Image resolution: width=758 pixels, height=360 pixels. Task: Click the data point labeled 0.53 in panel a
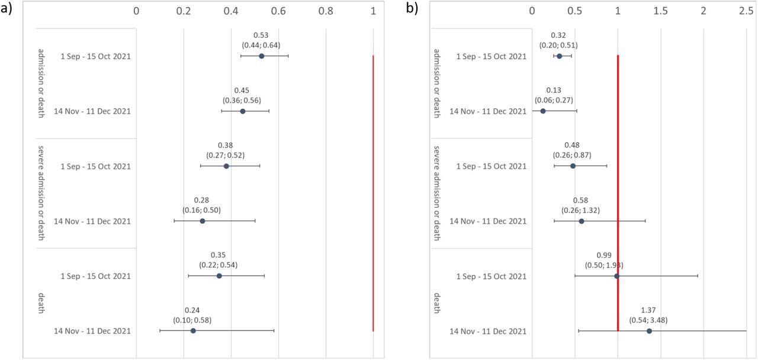pyautogui.click(x=261, y=56)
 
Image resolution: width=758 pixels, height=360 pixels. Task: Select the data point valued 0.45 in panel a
pyautogui.click(x=243, y=111)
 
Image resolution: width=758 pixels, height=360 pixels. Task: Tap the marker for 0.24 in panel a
pyautogui.click(x=193, y=331)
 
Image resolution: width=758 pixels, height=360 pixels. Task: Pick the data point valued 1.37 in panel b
pyautogui.click(x=649, y=331)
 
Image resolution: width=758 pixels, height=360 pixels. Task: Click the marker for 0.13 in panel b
pyautogui.click(x=543, y=111)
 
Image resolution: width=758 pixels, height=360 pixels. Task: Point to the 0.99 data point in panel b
pyautogui.click(x=616, y=276)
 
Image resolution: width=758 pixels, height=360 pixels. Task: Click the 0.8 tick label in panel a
pyautogui.click(x=326, y=11)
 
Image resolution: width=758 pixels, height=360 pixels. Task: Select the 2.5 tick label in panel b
pyautogui.click(x=746, y=11)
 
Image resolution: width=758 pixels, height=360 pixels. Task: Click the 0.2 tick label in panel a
pyautogui.click(x=184, y=11)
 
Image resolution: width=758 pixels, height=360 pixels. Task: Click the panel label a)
pyautogui.click(x=7, y=9)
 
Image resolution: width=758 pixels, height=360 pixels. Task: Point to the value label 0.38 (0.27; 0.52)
pyautogui.click(x=225, y=150)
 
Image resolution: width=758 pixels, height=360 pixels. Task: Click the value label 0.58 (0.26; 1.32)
pyautogui.click(x=580, y=205)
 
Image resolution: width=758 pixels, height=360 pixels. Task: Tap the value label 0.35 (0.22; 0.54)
pyautogui.click(x=219, y=261)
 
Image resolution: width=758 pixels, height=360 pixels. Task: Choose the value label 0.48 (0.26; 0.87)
pyautogui.click(x=572, y=150)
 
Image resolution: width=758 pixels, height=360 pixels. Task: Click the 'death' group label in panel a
pyautogui.click(x=41, y=303)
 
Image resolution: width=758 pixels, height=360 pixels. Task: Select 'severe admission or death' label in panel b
pyautogui.click(x=436, y=193)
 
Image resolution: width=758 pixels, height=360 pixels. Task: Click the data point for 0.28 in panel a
pyautogui.click(x=203, y=221)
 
